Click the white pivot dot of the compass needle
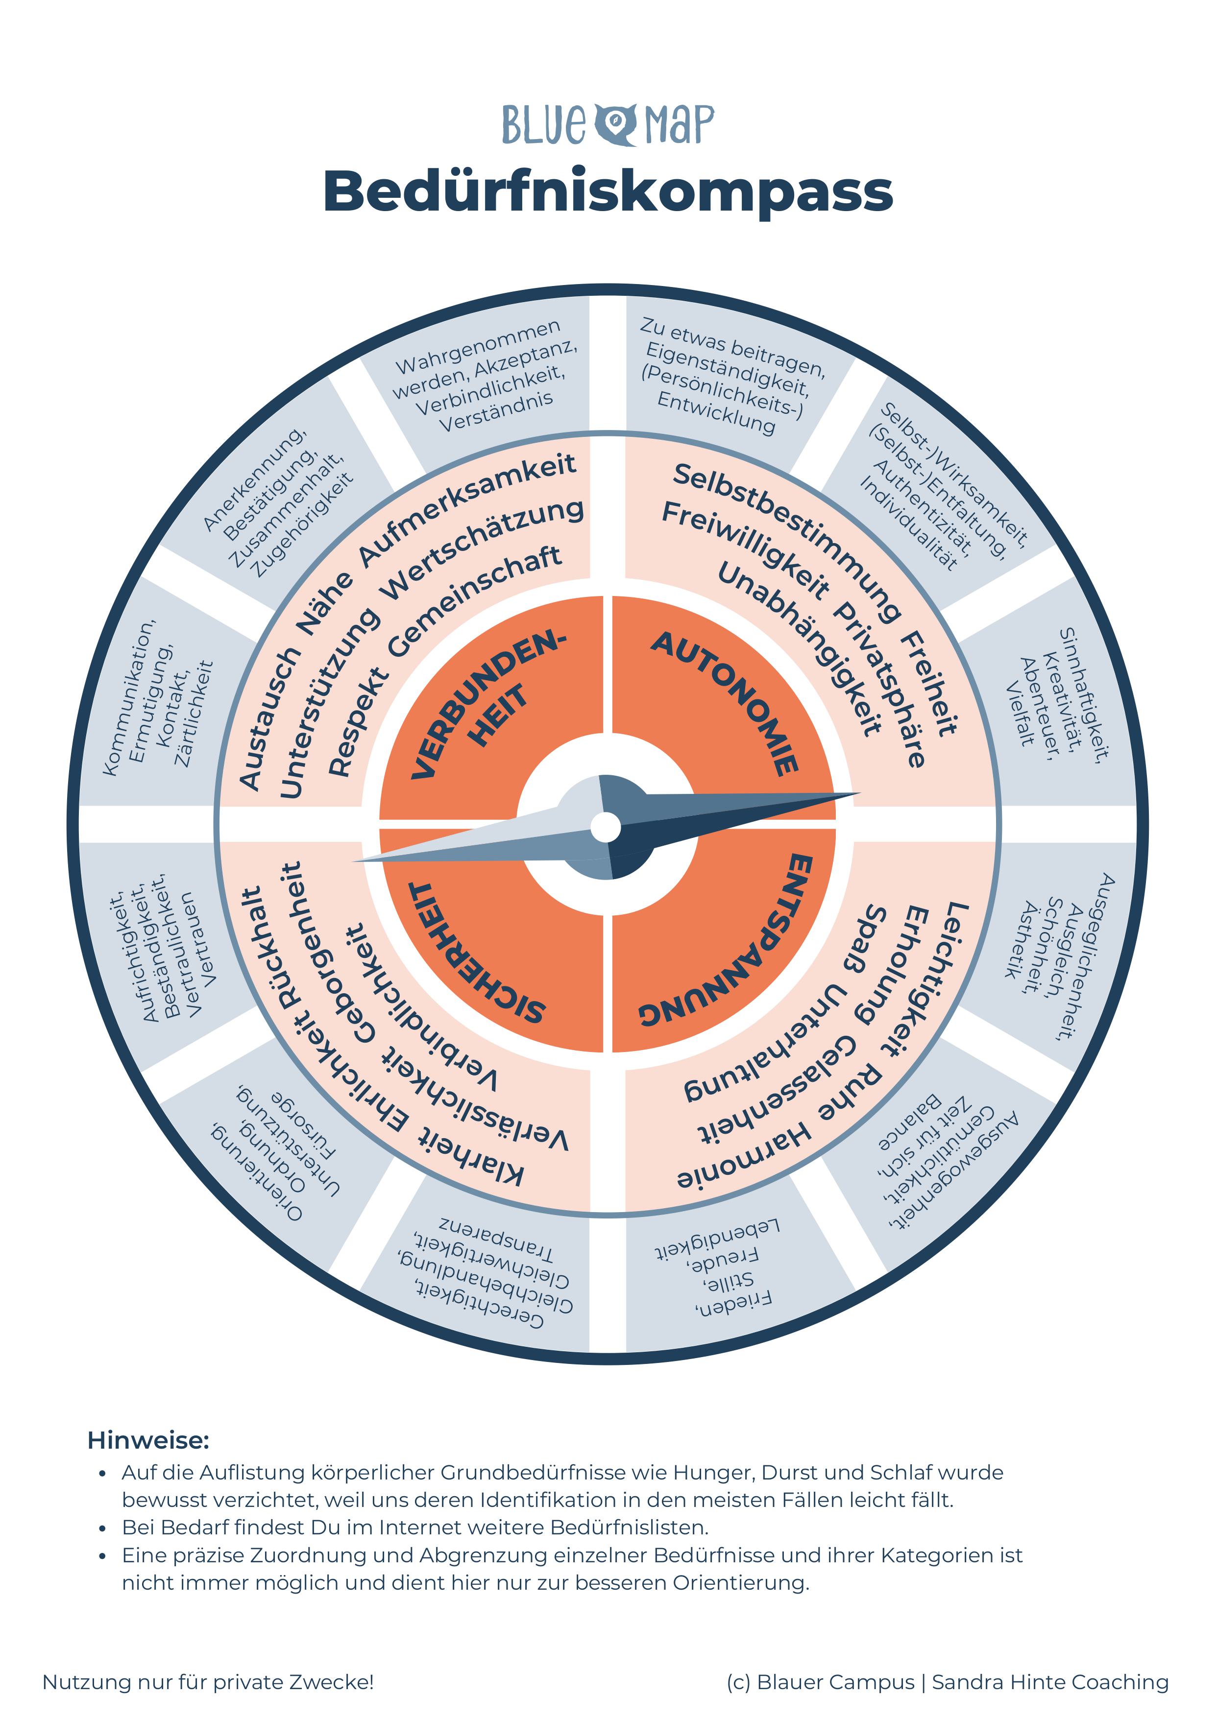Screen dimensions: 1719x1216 click(x=605, y=827)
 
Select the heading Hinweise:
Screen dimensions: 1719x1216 click(x=148, y=1440)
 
